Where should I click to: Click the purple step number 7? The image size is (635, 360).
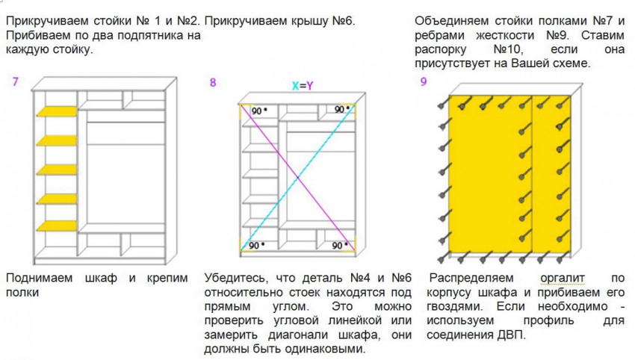point(16,82)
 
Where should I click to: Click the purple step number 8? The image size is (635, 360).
point(213,83)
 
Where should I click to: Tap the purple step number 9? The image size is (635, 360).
point(423,82)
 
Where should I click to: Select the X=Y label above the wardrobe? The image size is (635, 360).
point(303,86)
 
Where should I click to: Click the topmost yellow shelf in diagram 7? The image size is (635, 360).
point(57,111)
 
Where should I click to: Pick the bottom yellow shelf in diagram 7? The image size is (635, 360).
point(57,226)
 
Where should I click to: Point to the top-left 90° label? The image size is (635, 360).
point(259,111)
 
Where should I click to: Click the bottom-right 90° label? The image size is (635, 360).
point(340,246)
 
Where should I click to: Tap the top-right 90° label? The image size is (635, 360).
point(342,109)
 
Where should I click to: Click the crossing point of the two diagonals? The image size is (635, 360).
point(297,177)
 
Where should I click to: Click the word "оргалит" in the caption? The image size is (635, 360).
point(563,278)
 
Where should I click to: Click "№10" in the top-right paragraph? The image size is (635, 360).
point(508,49)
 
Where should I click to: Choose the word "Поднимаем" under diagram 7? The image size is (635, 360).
point(40,278)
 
